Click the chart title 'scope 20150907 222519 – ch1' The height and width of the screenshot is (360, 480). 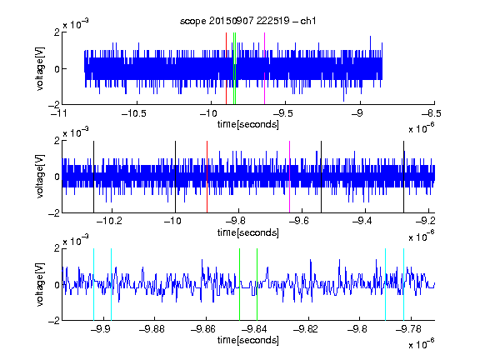(x=247, y=21)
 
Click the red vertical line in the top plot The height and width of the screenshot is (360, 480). (x=226, y=68)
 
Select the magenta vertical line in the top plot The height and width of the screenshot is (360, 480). (x=264, y=68)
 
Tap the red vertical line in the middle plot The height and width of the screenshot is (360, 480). (x=207, y=177)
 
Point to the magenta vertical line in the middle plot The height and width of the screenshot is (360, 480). (x=290, y=177)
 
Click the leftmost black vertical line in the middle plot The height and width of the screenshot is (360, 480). (x=93, y=177)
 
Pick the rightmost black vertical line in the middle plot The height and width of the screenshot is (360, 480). (x=404, y=177)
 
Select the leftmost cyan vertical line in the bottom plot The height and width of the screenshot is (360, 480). (x=93, y=284)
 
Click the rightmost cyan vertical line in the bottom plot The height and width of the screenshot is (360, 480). (x=404, y=284)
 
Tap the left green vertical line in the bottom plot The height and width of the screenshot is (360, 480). (x=239, y=284)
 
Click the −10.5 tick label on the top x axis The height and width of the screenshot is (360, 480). (x=134, y=113)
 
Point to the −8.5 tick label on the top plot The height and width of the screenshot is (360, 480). (x=432, y=113)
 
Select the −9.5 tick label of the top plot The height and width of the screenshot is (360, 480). (x=282, y=113)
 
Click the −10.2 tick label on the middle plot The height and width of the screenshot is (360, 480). (x=109, y=221)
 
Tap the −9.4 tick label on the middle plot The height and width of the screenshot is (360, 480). (x=362, y=221)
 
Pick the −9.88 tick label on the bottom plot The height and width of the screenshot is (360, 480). (x=152, y=329)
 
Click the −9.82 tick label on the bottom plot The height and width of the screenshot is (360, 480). (x=306, y=329)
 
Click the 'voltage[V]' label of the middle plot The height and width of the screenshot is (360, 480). (x=40, y=177)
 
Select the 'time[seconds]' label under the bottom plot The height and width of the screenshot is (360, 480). (x=248, y=340)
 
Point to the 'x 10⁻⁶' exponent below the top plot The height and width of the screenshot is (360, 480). (x=421, y=128)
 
